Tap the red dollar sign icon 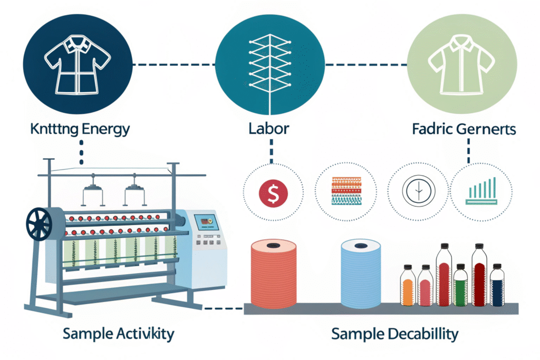pyautogui.click(x=273, y=192)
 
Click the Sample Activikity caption pyautogui.click(x=118, y=334)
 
